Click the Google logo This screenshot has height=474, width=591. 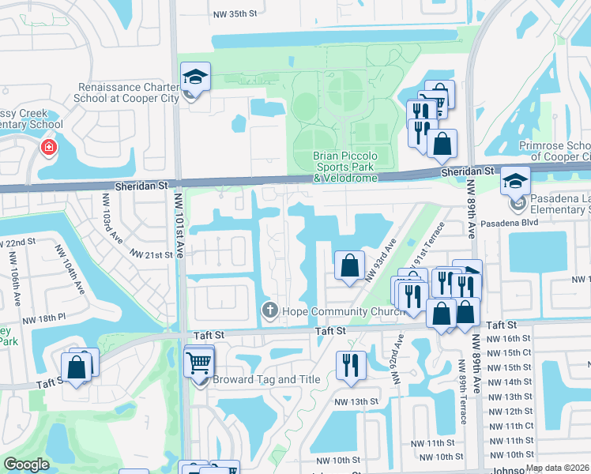[26, 465]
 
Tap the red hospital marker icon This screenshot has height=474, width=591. [49, 147]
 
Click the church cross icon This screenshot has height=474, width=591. [269, 310]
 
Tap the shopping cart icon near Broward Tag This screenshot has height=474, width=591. [198, 363]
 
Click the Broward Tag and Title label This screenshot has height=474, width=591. [254, 379]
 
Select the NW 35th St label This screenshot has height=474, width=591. [235, 14]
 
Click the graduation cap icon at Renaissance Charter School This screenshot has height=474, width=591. [194, 77]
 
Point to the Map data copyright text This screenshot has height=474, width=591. [556, 468]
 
